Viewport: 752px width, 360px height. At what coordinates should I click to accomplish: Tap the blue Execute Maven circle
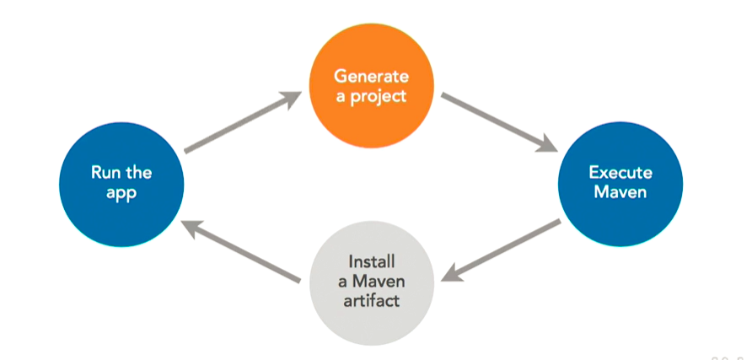pyautogui.click(x=620, y=182)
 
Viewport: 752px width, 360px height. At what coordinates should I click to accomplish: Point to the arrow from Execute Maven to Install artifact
pyautogui.click(x=501, y=250)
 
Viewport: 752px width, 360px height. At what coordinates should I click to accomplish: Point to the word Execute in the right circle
pyautogui.click(x=620, y=172)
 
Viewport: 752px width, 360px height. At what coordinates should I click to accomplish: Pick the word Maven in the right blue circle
pyautogui.click(x=620, y=193)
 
